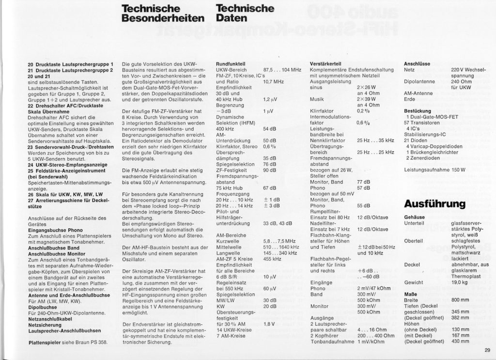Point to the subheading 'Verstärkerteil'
(x=325, y=64)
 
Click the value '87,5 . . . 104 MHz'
(x=281, y=70)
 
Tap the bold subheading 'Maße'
(x=410, y=294)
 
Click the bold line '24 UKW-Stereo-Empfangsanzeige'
(x=68, y=164)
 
